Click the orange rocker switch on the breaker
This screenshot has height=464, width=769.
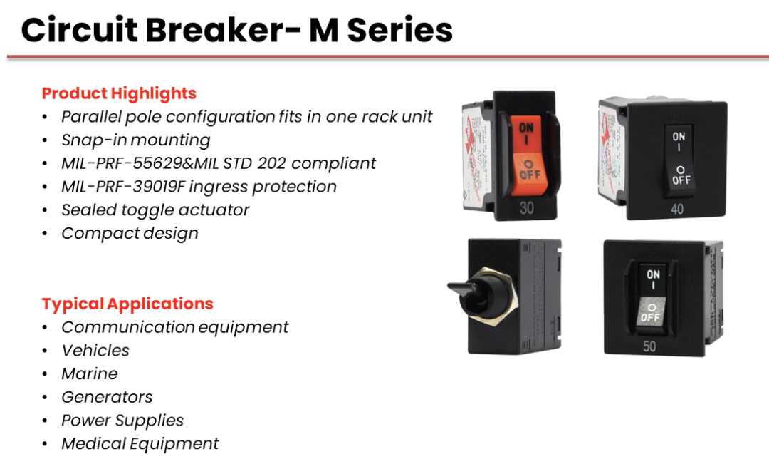[x=526, y=155]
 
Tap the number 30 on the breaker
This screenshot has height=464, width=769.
[x=527, y=208]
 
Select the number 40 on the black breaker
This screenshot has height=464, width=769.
[x=677, y=209]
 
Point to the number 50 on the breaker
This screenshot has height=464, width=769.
[x=649, y=346]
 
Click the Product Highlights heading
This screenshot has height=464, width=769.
[x=119, y=93]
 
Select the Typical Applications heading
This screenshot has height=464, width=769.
[x=127, y=304]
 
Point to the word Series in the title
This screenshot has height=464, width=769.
[x=399, y=30]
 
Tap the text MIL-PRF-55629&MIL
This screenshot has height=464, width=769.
[x=140, y=163]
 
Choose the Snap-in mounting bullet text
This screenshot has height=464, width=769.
[x=136, y=140]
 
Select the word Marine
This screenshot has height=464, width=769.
[x=90, y=373]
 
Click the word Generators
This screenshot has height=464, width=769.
[x=107, y=397]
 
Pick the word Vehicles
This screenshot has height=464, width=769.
[x=95, y=350]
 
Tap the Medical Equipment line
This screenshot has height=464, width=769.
[x=140, y=444]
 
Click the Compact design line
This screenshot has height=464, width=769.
[x=130, y=234]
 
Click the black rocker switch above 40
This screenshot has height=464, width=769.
[x=679, y=160]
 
